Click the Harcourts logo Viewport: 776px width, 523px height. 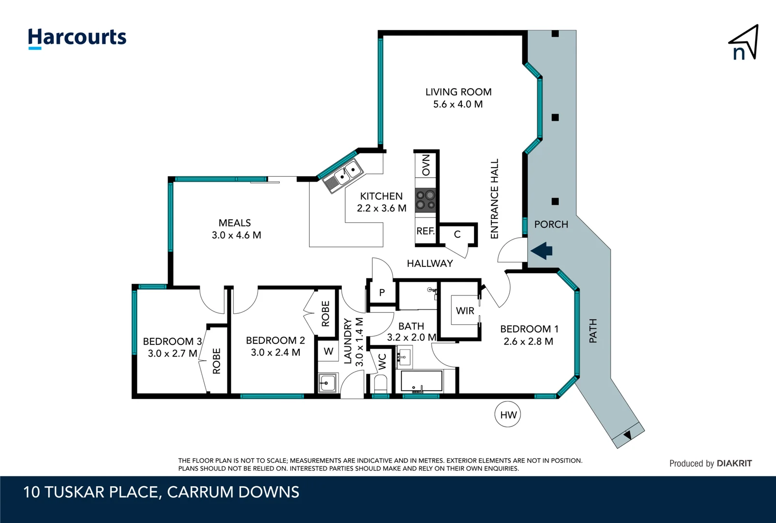point(77,38)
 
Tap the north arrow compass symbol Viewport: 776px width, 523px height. point(744,44)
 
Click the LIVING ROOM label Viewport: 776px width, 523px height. point(458,92)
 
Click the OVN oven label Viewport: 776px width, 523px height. point(426,165)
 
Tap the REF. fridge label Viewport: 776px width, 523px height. point(426,231)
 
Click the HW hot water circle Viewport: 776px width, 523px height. point(508,415)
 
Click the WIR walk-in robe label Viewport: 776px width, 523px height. point(465,311)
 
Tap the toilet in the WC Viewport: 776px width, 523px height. point(381,385)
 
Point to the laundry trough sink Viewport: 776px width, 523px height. point(328,383)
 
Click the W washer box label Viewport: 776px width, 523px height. point(328,352)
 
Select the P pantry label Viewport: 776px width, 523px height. point(382,292)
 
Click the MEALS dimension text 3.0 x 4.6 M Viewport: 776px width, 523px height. point(236,235)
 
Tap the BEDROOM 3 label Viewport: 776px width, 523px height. point(172,341)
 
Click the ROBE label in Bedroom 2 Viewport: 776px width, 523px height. point(325,313)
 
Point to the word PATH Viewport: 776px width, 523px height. point(593,331)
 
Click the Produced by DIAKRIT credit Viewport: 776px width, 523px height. point(710,463)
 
